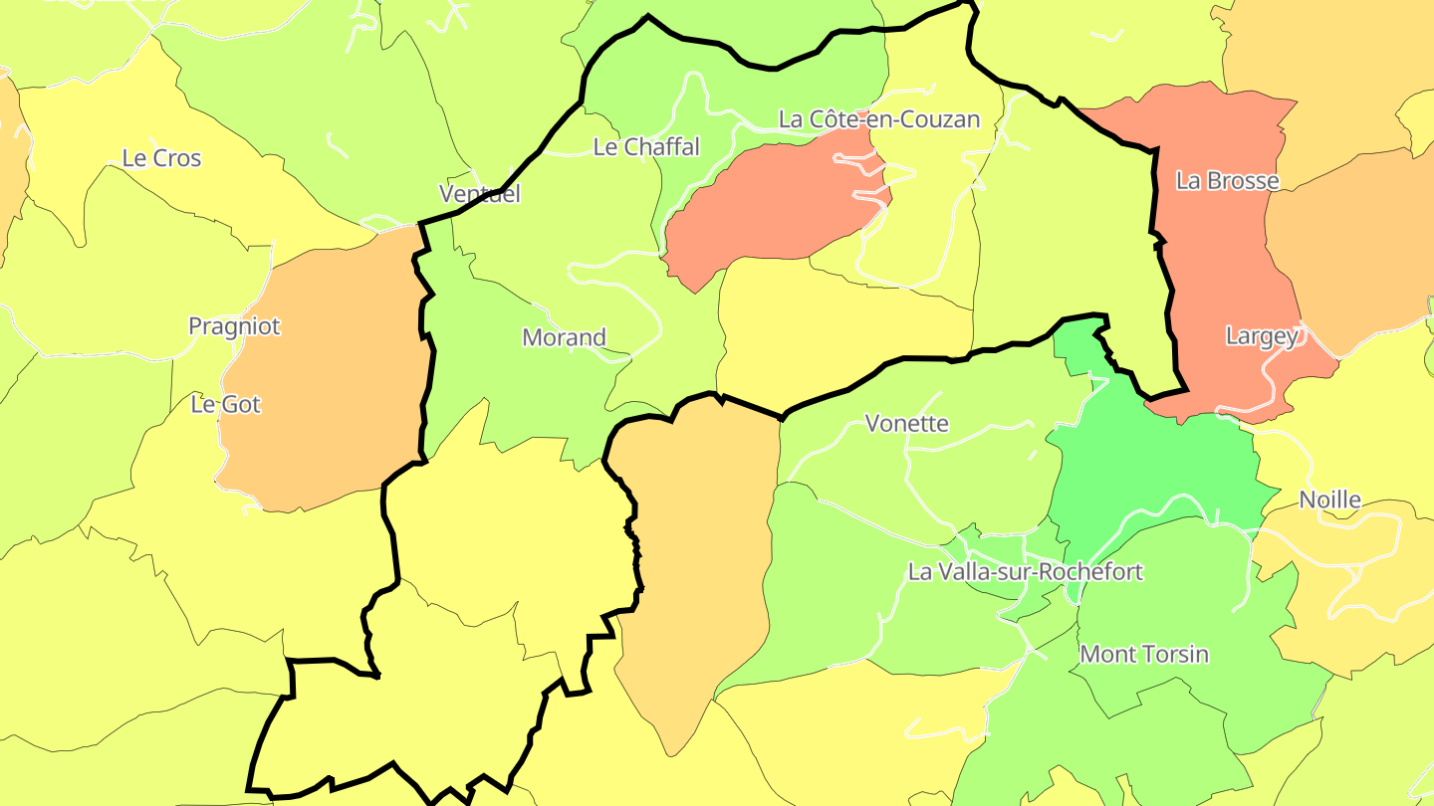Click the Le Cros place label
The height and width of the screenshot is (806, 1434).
[x=161, y=158]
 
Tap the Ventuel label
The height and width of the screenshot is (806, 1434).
[x=480, y=194]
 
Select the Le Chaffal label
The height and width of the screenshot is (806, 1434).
[x=646, y=147]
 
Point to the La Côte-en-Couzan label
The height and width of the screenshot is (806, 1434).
[x=879, y=119]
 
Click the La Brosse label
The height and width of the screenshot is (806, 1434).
[x=1227, y=181]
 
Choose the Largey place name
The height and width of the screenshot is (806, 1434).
[x=1262, y=336]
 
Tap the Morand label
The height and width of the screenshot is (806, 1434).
[x=564, y=337]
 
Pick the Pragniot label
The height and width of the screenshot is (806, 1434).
[x=234, y=326]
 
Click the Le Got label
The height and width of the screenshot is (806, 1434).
[x=225, y=404]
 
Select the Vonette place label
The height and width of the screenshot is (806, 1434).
[x=906, y=424]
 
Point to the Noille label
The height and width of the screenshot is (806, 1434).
[x=1329, y=500]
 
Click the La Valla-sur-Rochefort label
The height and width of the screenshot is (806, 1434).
[x=1025, y=572]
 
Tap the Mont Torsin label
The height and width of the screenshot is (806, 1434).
[x=1144, y=655]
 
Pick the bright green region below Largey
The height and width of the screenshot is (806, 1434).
[x=1155, y=468]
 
